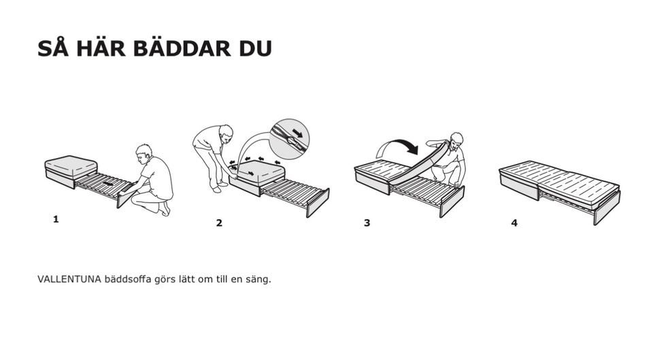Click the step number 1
[x=56, y=219]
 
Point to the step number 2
[x=219, y=223]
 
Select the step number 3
[x=367, y=223]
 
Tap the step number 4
[x=514, y=223]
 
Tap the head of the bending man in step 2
[x=226, y=132]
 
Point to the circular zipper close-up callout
[x=289, y=139]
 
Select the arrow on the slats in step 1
[x=108, y=183]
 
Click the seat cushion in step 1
[x=71, y=167]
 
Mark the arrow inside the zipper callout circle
[x=298, y=133]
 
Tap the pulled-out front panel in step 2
[x=318, y=203]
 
